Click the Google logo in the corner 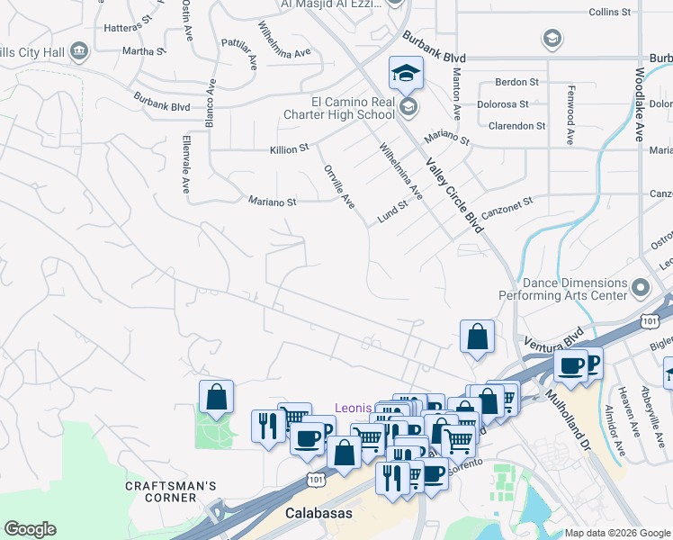tap(31, 529)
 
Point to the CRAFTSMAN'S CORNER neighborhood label tap(171, 493)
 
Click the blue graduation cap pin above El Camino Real tap(406, 73)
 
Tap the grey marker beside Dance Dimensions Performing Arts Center tap(641, 288)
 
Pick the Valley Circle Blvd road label tap(454, 194)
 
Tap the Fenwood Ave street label tap(570, 115)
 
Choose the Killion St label tap(289, 148)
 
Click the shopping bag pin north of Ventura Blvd tap(477, 337)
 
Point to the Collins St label tap(613, 12)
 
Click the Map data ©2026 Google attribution tap(616, 533)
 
